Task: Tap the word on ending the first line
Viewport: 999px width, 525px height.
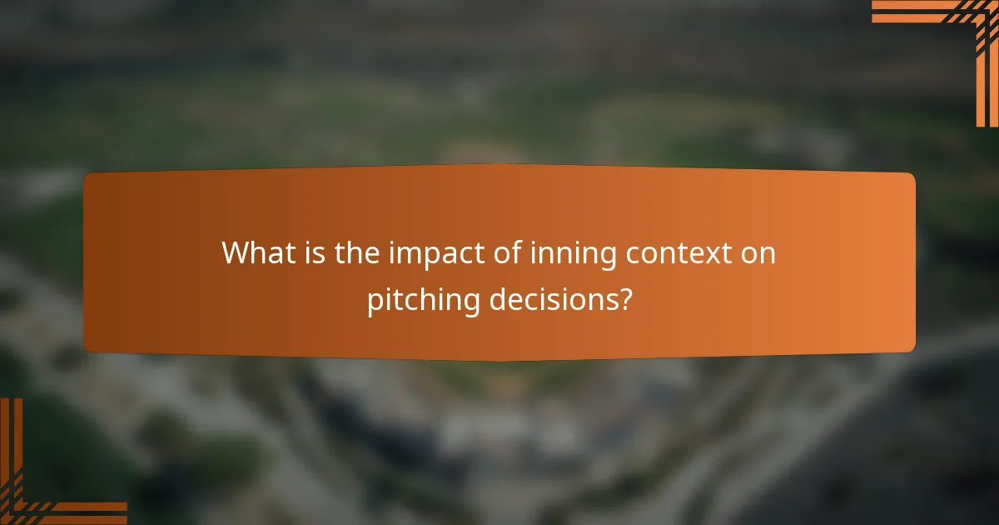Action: [x=758, y=253]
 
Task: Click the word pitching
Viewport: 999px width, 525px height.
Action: [x=424, y=301]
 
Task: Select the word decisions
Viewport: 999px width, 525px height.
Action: [x=551, y=299]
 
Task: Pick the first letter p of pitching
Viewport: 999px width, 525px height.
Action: [x=375, y=302]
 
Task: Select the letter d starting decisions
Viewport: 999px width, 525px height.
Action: [x=497, y=299]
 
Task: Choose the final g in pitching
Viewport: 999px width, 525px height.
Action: [x=472, y=303]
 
